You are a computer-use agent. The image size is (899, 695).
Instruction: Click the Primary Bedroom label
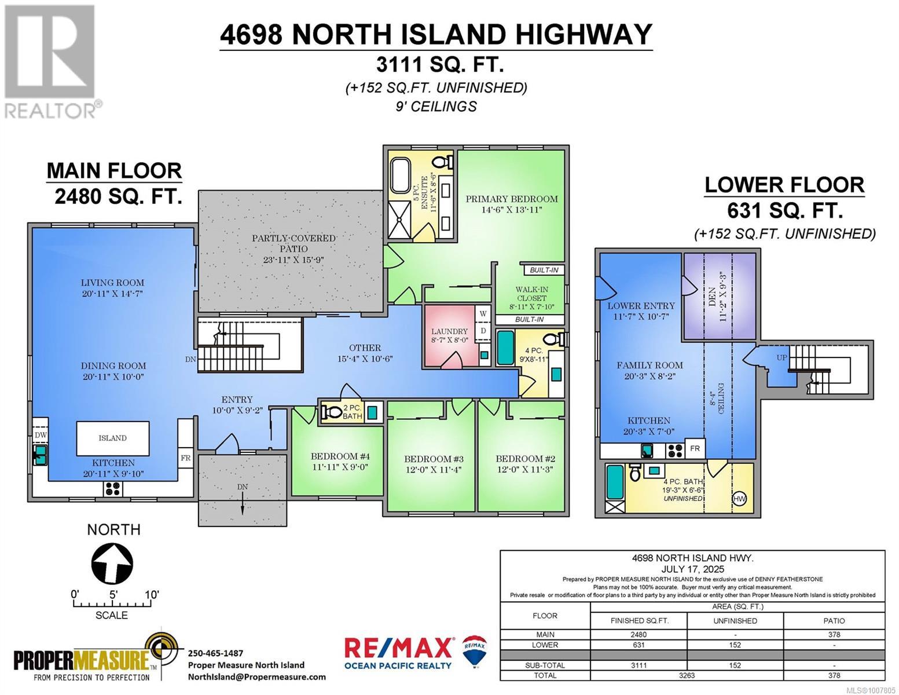[511, 199]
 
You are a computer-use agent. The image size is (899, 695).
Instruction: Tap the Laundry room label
[449, 332]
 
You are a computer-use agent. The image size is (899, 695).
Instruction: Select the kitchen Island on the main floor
[112, 438]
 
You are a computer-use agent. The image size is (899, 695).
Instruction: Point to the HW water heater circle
[739, 499]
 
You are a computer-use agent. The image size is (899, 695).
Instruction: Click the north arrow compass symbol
[112, 562]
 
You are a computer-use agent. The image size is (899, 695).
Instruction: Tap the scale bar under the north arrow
[112, 604]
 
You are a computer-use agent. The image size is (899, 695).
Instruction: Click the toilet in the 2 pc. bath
[333, 412]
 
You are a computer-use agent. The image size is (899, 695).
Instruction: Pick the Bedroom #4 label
[340, 456]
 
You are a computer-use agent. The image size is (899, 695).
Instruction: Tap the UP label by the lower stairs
[781, 358]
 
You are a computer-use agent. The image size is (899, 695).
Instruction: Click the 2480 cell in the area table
[639, 634]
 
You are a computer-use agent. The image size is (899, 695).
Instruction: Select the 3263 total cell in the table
[687, 675]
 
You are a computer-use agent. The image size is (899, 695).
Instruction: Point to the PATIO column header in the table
[834, 620]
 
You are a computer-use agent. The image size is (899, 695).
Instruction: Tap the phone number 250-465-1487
[215, 653]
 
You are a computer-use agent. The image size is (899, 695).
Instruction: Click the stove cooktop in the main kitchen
[113, 489]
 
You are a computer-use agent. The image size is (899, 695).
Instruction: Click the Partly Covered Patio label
[293, 238]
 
